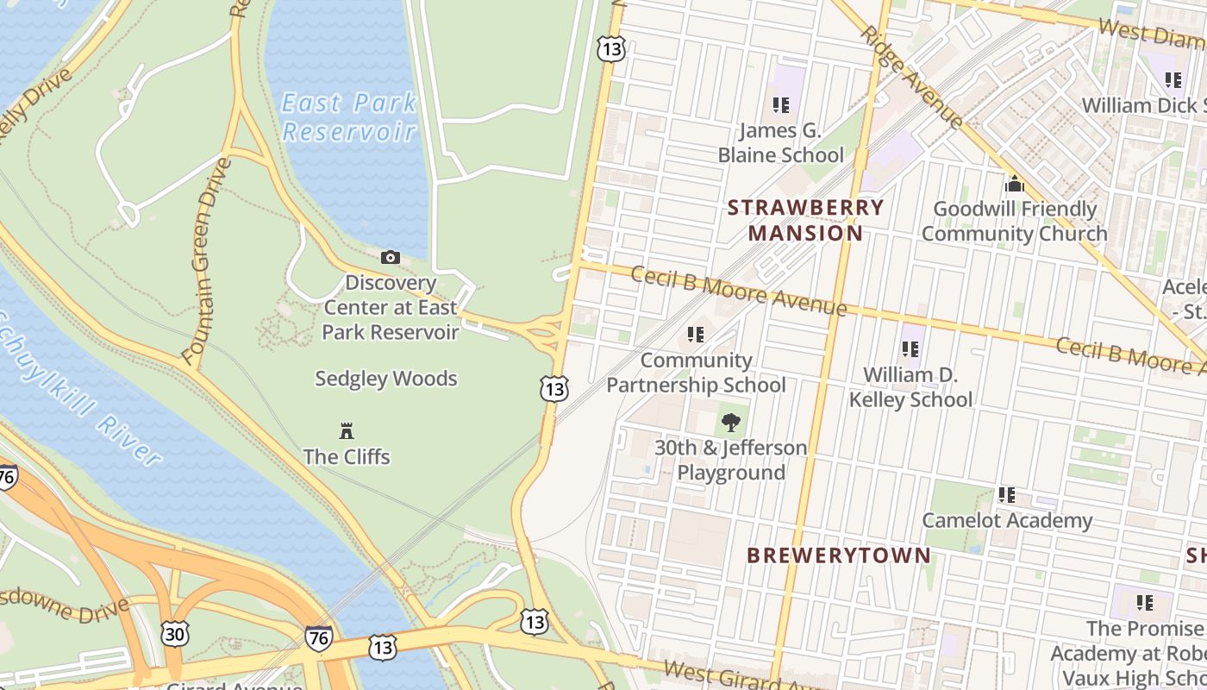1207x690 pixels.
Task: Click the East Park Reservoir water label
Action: pos(349,117)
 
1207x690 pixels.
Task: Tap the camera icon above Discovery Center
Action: pos(391,257)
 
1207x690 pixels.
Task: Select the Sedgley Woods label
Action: pos(385,379)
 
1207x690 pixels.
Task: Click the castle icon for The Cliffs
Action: pos(347,430)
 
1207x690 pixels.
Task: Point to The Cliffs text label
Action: pos(347,456)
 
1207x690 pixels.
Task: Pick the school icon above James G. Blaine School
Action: pos(780,105)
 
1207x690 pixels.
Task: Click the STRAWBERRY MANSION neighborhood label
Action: pos(805,220)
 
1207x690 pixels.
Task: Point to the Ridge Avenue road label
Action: pos(912,78)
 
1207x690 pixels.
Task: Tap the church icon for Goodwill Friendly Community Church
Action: pos(1015,184)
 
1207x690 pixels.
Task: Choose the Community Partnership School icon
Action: pos(695,335)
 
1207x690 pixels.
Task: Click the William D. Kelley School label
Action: pos(910,387)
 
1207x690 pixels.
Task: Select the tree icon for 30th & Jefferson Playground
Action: pos(731,423)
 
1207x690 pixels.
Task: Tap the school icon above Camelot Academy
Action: pos(1006,495)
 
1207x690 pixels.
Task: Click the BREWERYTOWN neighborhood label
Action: pos(839,555)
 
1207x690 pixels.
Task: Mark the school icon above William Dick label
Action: pos(1173,80)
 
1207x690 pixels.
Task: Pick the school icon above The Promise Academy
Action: pos(1144,602)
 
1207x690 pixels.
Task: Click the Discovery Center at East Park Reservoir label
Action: pos(391,307)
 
